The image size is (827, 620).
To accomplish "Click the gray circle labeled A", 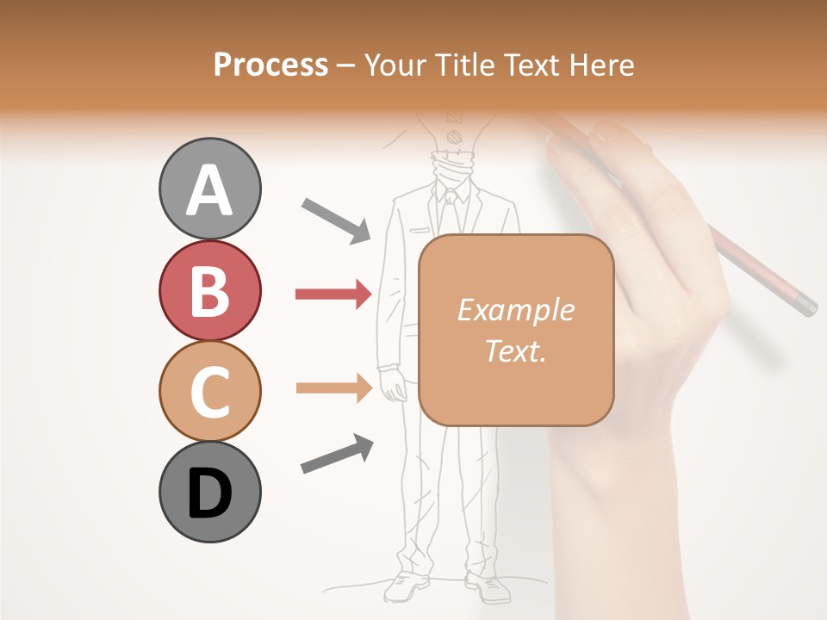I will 209,189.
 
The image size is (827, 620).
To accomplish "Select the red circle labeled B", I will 209,290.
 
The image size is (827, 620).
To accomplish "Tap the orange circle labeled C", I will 209,391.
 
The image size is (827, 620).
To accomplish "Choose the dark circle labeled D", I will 209,493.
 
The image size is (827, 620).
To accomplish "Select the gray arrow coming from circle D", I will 337,454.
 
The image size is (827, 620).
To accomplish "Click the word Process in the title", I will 270,65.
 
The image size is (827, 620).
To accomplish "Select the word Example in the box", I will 515,310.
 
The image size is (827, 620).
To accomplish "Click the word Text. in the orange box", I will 515,350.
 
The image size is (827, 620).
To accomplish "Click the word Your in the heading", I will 393,65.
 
